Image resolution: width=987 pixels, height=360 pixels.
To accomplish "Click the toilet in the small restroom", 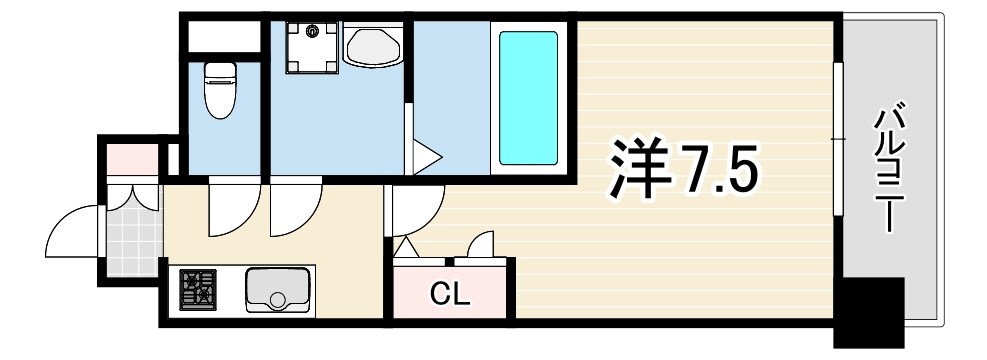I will tap(218, 89).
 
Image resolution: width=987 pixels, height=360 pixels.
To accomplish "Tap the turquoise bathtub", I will tap(528, 98).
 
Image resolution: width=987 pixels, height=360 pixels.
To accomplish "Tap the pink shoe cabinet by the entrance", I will tap(132, 158).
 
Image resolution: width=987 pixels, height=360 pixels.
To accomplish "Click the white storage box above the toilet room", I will tap(220, 35).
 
